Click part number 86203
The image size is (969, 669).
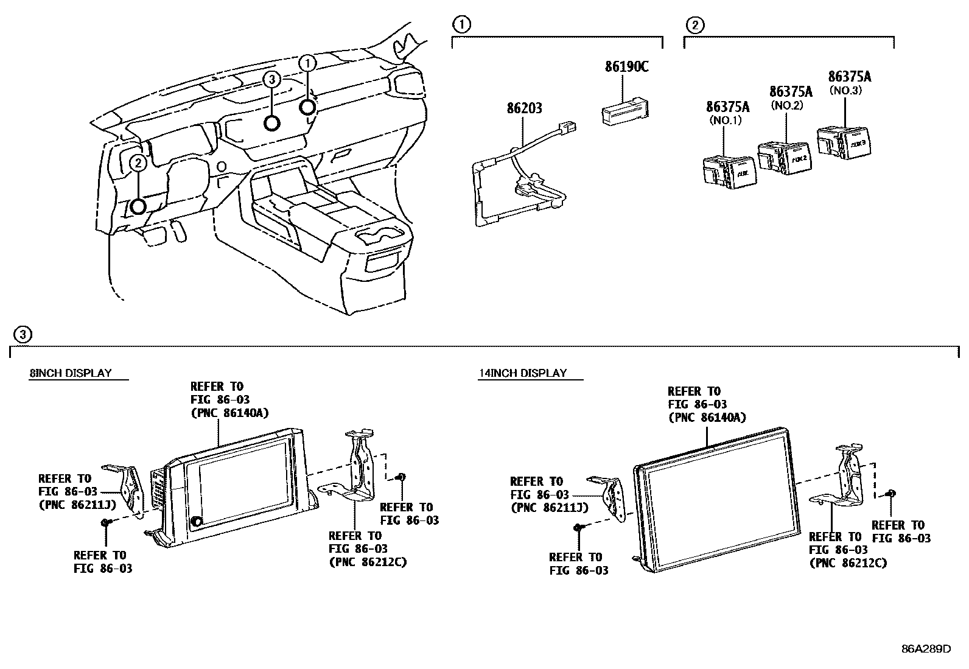tap(524, 109)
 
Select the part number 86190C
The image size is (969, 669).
tap(626, 66)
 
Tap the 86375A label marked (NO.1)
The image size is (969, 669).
tap(727, 107)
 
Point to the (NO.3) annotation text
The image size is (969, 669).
tap(845, 90)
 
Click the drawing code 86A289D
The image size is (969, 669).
tap(926, 648)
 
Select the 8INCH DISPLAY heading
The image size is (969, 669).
tap(71, 373)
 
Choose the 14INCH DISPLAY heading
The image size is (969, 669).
tap(522, 373)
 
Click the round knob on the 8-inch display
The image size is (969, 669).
tap(197, 522)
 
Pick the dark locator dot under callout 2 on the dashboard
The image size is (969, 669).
tap(139, 206)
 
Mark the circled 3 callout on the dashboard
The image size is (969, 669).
tap(272, 79)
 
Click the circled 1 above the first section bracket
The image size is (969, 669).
tap(462, 25)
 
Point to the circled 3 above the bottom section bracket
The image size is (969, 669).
tap(22, 334)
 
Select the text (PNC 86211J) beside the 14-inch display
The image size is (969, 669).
tap(549, 508)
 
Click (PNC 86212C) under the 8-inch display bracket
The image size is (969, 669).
tap(367, 562)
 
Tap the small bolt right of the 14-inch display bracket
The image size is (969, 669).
tap(890, 492)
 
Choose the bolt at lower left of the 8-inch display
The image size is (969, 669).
tap(106, 522)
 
